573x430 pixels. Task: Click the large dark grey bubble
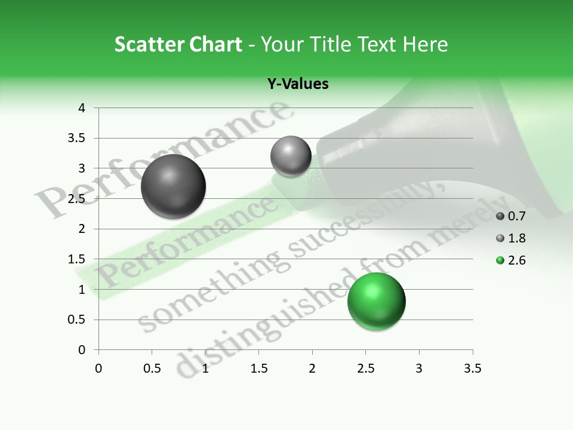point(174,186)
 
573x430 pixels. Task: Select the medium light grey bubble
point(291,156)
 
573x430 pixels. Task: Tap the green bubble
point(376,301)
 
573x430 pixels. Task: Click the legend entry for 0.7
point(510,216)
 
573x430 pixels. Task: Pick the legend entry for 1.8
point(510,238)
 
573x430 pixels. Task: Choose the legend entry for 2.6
point(510,260)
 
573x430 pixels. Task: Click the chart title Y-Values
point(298,84)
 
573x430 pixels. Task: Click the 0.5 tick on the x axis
point(152,368)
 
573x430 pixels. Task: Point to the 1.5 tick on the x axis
point(258,368)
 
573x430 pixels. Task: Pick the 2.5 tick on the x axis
point(365,368)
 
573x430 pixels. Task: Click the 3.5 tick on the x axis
point(472,368)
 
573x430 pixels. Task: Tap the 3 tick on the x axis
point(419,368)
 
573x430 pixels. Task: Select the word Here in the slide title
point(425,44)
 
